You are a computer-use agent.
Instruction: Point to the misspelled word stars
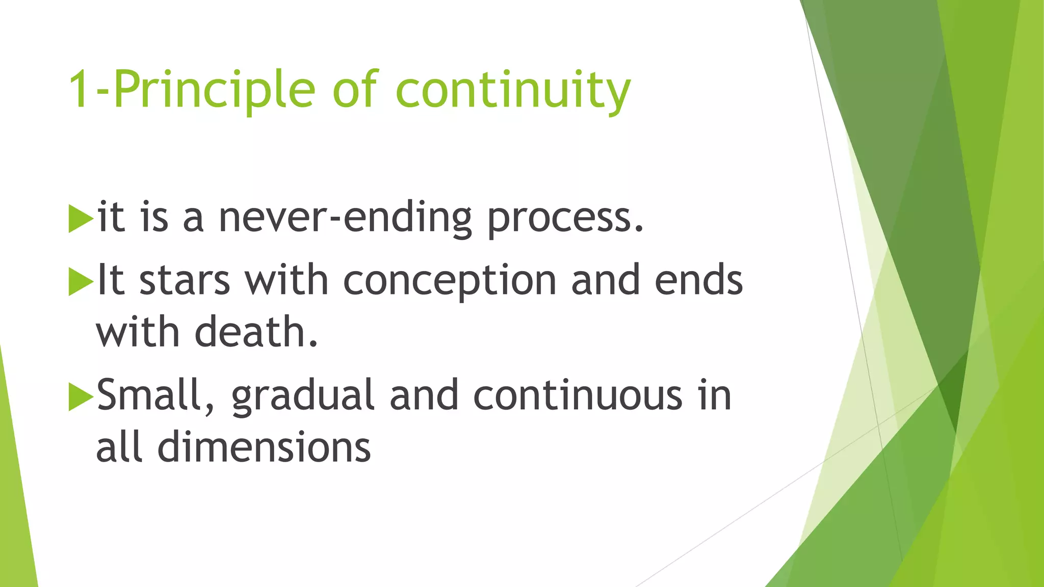185,281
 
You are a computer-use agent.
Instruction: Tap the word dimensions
264,447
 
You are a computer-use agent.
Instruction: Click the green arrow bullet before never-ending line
81,219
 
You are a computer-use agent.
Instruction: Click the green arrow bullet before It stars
81,282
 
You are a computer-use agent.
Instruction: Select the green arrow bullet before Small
81,396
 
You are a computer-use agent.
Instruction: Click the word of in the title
355,90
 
